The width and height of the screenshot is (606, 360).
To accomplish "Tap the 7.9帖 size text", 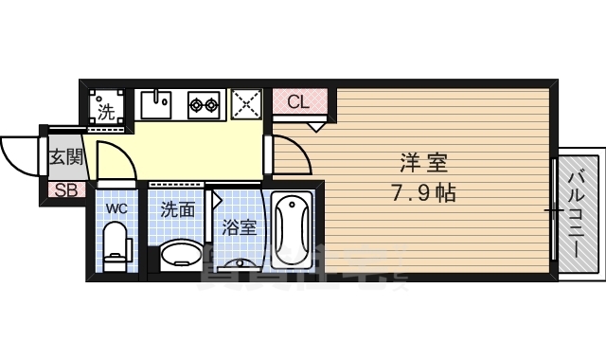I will pos(422,194).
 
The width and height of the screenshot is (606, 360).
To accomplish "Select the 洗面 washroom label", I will pos(177,208).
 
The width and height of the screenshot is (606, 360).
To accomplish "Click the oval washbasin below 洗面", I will pos(181,255).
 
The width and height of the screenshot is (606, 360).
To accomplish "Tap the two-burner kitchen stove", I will pos(204,104).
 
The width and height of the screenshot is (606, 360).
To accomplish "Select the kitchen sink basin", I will pos(157,103).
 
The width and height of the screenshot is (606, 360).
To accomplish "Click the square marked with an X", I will pos(246,103).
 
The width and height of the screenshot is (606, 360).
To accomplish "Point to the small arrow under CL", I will pos(316,123).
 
